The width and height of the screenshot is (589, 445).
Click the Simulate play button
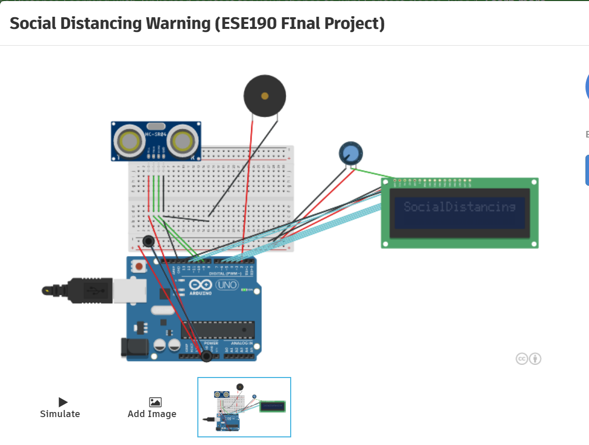point(63,402)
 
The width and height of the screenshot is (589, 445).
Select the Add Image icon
point(155,402)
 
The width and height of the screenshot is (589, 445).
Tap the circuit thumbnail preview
point(244,407)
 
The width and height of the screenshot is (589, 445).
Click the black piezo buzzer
point(265,95)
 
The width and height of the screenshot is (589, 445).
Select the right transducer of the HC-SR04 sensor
point(183,141)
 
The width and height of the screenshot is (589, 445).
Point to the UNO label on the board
point(227,285)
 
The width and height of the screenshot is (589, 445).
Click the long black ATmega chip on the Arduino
point(218,330)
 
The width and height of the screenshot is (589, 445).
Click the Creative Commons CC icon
point(522,359)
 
